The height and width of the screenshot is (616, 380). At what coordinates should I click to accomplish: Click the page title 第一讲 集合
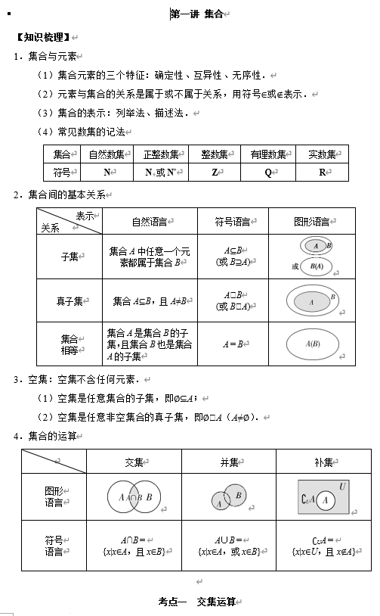(197, 14)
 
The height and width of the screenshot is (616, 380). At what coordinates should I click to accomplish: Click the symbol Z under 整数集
(215, 173)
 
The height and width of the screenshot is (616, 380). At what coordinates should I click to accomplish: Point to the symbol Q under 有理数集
(268, 173)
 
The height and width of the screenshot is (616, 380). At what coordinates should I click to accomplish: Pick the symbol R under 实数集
(323, 173)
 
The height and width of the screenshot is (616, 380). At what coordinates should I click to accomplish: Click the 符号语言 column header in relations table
(233, 222)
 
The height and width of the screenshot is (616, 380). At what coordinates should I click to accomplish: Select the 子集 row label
(70, 257)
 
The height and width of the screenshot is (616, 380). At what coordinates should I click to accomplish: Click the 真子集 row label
(70, 301)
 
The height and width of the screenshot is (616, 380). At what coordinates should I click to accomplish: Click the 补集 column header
(323, 462)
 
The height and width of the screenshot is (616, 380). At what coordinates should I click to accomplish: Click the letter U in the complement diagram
(342, 486)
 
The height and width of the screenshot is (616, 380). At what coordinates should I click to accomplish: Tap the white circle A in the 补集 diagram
(326, 500)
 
